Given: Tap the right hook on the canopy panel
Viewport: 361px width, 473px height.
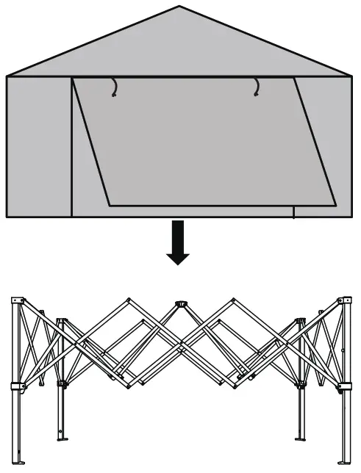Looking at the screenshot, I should pos(256,87).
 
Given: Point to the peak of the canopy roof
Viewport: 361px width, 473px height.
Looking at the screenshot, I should pos(179,7).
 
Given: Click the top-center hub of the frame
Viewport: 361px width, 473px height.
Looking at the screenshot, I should pos(179,303).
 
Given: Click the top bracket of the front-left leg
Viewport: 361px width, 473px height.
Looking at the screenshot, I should pos(18,302).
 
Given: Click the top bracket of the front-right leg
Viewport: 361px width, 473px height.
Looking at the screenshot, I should pos(343,302).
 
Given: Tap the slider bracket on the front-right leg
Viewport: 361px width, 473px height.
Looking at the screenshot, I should pos(343,387).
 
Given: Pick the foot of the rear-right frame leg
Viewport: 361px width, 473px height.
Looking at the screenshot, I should pos(301,439).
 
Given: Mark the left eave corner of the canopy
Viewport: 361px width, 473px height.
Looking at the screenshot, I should pos(7,76).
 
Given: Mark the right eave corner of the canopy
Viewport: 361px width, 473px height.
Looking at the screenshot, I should pos(352,76).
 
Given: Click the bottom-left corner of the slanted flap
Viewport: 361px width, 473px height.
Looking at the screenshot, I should pos(110,205).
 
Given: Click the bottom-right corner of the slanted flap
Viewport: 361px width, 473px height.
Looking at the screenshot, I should pos(335,205).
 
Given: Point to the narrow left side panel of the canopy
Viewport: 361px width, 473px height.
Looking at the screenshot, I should pos(39,147).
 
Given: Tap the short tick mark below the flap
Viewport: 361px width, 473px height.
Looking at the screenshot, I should pos(293,212).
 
